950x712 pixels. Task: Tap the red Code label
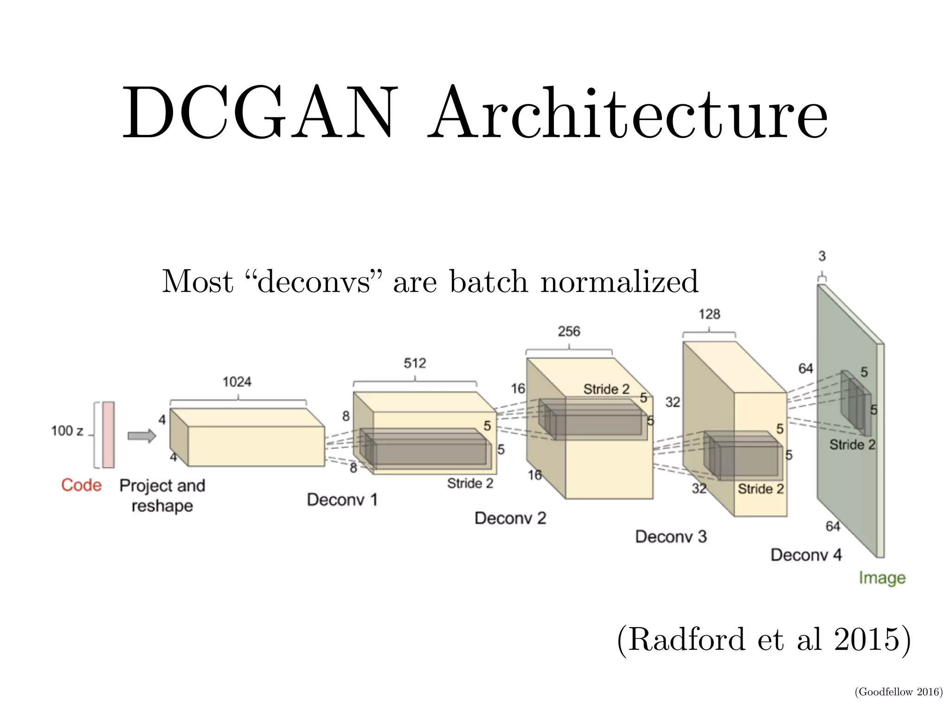(x=81, y=485)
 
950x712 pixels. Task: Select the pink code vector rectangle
(x=108, y=435)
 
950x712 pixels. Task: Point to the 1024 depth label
(x=237, y=382)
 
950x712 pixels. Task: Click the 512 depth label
(x=415, y=363)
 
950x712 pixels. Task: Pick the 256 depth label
(x=569, y=331)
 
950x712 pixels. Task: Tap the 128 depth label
(x=709, y=314)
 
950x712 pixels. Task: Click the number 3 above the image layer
(x=822, y=256)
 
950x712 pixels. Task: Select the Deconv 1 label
(x=342, y=500)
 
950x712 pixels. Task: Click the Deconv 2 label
(x=510, y=518)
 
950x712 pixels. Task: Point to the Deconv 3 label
(x=671, y=537)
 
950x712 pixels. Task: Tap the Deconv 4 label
(x=806, y=555)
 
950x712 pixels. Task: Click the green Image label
(x=882, y=578)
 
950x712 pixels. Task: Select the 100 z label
(x=67, y=431)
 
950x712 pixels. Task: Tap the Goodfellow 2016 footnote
(x=899, y=692)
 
